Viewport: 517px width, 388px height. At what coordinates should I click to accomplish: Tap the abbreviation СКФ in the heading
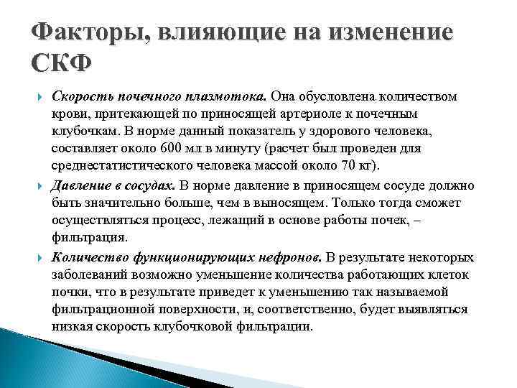[x=62, y=65]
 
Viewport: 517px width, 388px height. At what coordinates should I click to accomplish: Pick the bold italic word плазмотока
[x=232, y=97]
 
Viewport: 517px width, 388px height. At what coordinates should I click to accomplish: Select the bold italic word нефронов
[x=294, y=257]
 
